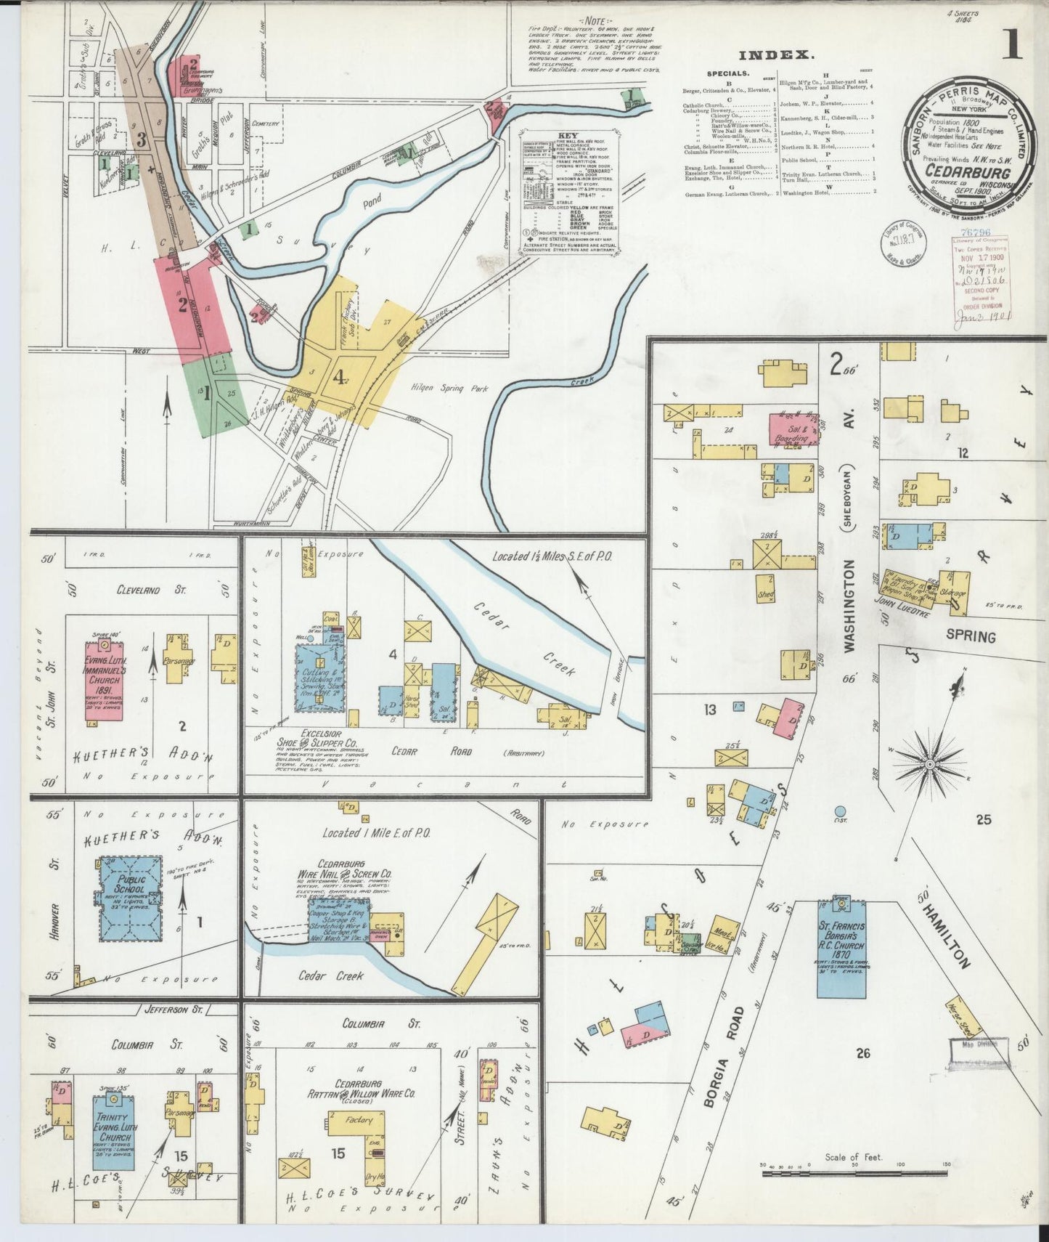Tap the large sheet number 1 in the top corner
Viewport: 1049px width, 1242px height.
(x=1011, y=44)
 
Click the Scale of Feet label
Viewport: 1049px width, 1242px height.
(x=853, y=1156)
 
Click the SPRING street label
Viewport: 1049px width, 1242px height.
(x=971, y=636)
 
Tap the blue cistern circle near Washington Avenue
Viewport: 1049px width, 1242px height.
(x=840, y=811)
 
